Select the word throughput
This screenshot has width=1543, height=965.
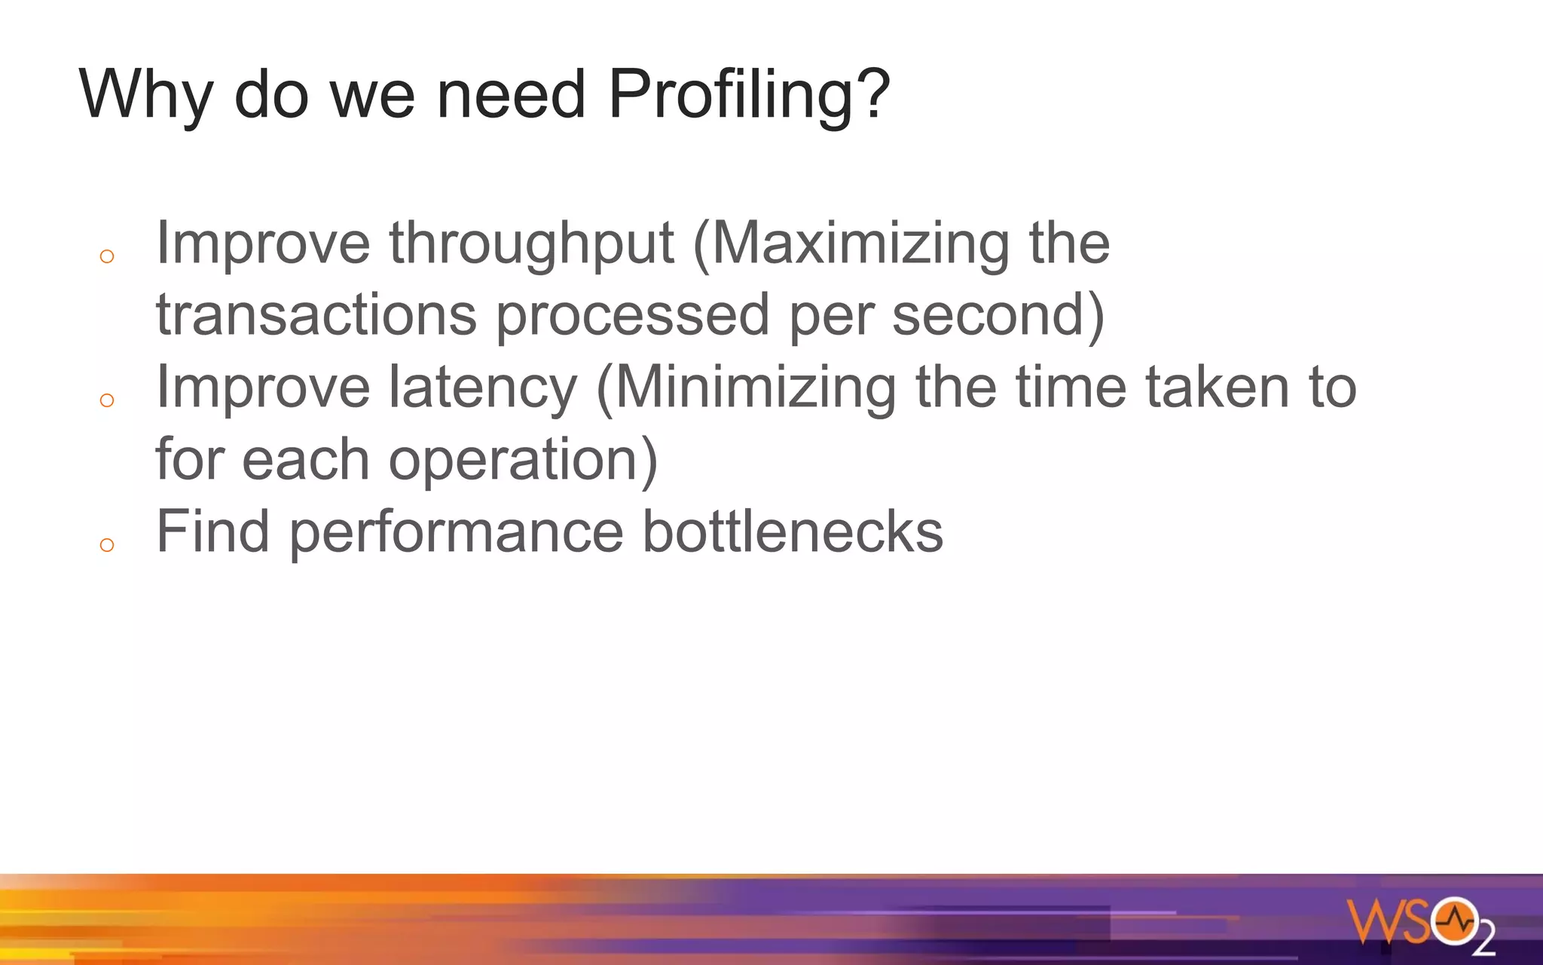[531, 244]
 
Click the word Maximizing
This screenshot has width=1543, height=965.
[859, 244]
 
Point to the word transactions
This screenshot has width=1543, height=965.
[316, 314]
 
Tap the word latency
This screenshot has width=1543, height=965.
[483, 388]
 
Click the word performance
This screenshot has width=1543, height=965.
[457, 532]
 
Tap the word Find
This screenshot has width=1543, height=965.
[212, 532]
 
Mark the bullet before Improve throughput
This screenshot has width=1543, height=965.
[107, 257]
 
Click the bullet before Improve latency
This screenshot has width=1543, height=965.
[107, 400]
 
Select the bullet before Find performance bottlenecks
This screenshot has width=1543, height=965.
[107, 545]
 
